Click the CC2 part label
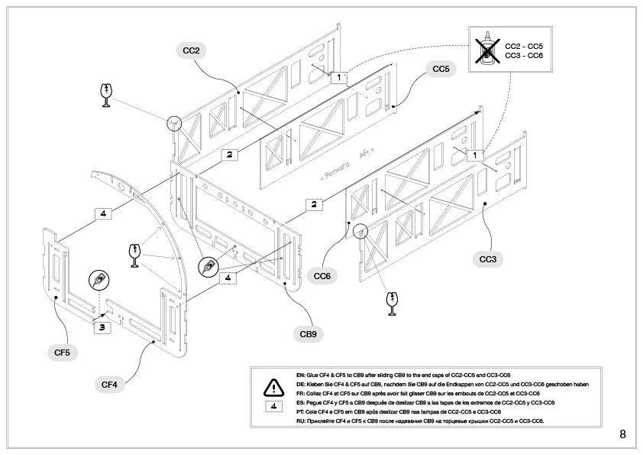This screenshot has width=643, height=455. (191, 51)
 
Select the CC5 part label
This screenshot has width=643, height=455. (441, 70)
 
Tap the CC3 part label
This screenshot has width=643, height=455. (488, 260)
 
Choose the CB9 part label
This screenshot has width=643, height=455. (308, 333)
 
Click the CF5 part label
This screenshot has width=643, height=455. (62, 352)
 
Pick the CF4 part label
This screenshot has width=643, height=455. (109, 384)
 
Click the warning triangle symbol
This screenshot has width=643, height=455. (273, 386)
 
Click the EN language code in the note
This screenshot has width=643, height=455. (299, 375)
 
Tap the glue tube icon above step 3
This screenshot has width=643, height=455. (98, 281)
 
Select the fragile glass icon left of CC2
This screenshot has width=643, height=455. (105, 95)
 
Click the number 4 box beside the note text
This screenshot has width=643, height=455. (273, 406)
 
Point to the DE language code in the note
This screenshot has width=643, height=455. (299, 384)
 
